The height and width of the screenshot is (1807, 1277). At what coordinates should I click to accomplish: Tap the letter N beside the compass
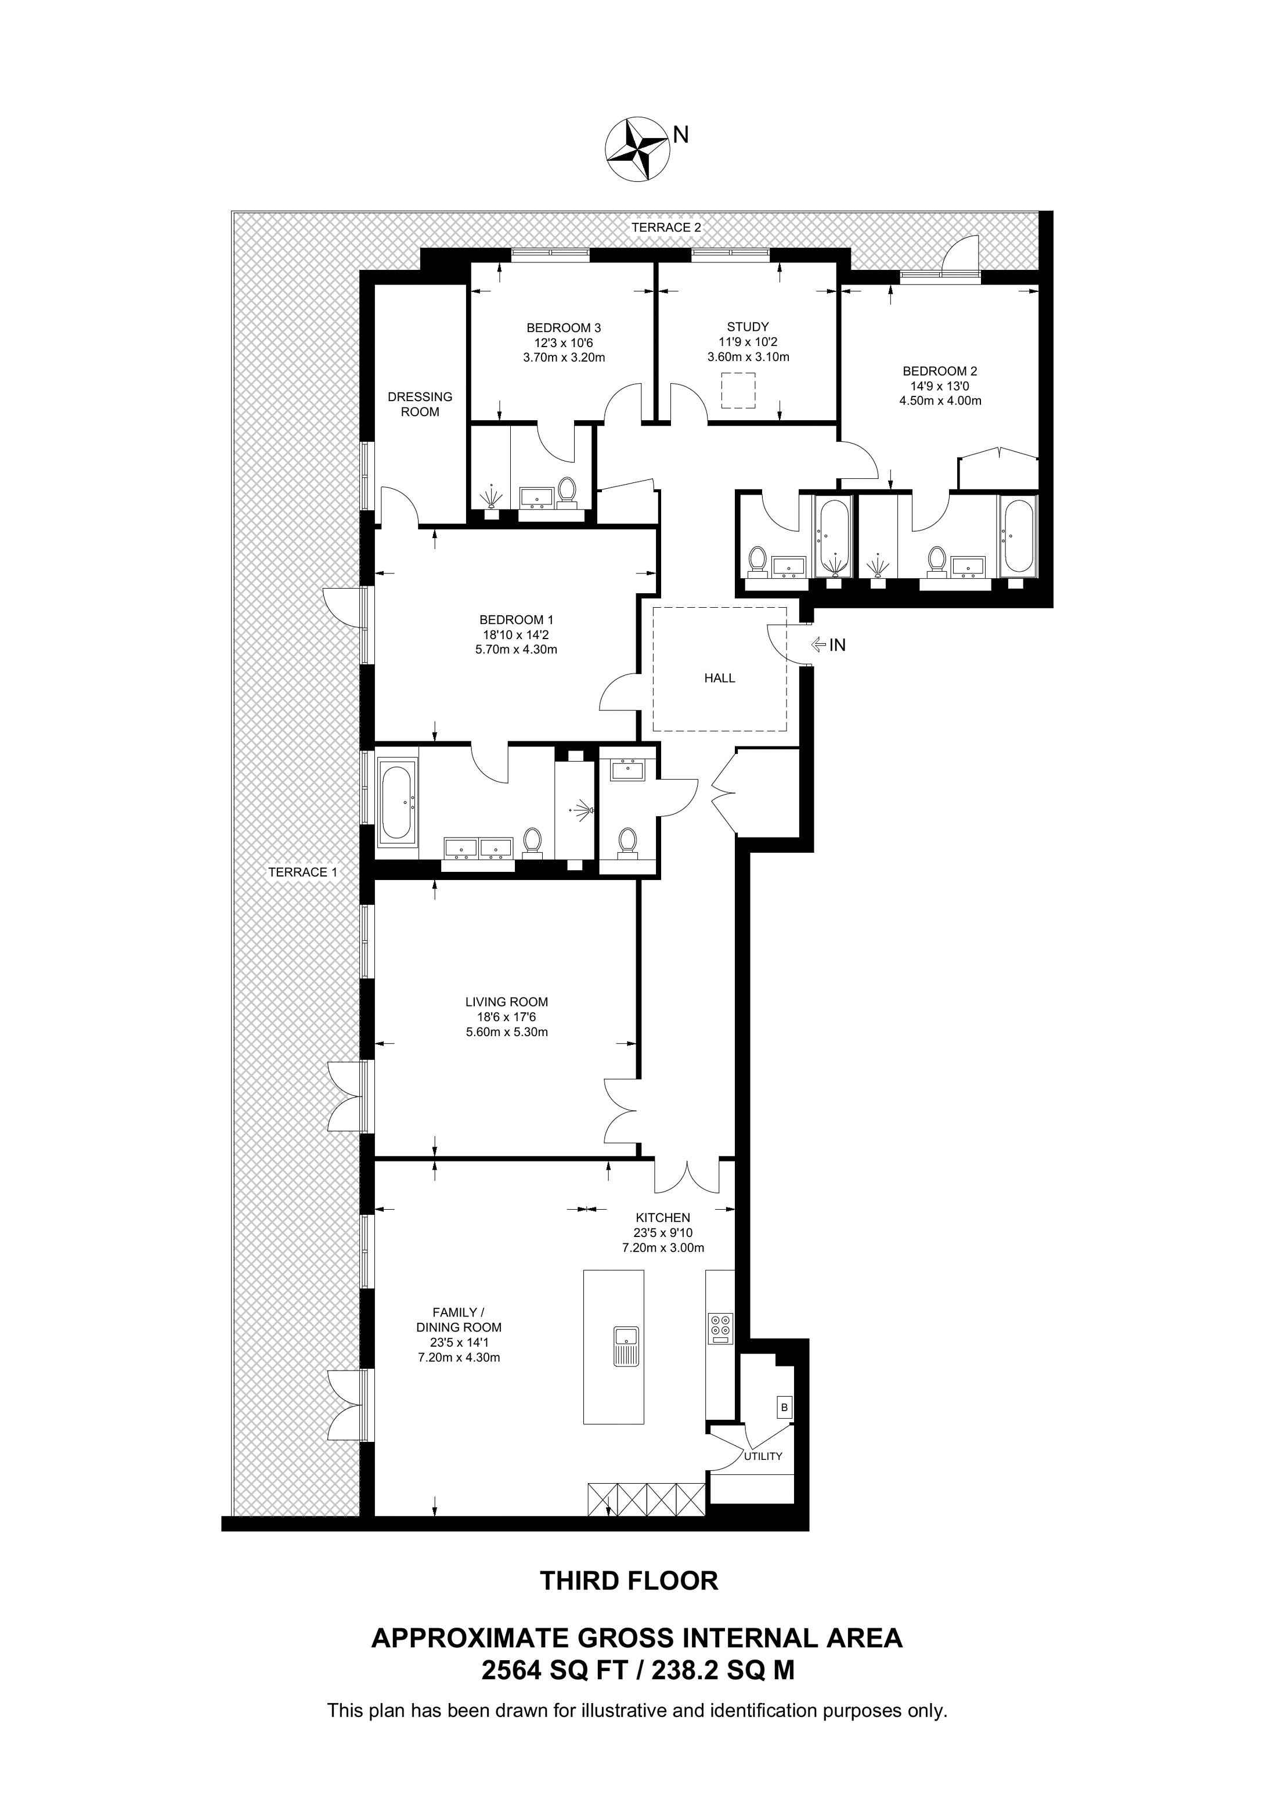681,135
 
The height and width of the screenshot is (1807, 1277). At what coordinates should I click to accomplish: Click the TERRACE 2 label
666,228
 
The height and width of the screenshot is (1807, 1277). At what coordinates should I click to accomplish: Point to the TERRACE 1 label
303,872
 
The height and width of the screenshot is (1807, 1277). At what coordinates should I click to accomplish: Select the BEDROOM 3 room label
564,327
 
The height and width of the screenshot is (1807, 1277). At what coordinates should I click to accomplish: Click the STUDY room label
748,327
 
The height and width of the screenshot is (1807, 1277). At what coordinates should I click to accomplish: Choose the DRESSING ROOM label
420,405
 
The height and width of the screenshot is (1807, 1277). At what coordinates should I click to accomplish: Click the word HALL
719,677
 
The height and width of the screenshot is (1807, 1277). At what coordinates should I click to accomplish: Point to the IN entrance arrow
828,645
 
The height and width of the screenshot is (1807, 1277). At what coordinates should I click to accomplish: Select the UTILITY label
763,1456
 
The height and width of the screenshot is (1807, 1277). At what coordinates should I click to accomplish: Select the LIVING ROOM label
507,1002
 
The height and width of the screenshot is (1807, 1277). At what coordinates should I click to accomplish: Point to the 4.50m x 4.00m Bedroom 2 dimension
940,401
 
